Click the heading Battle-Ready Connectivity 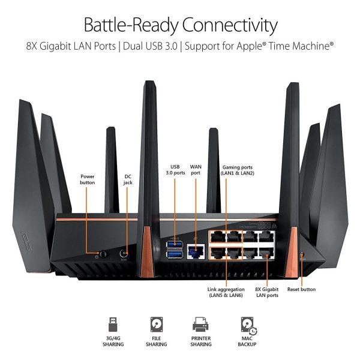pos(180,25)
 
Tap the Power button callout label pos(88,179)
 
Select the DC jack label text pos(128,179)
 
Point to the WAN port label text pos(196,169)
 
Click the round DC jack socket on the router pos(124,253)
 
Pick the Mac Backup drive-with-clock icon pos(247,324)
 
